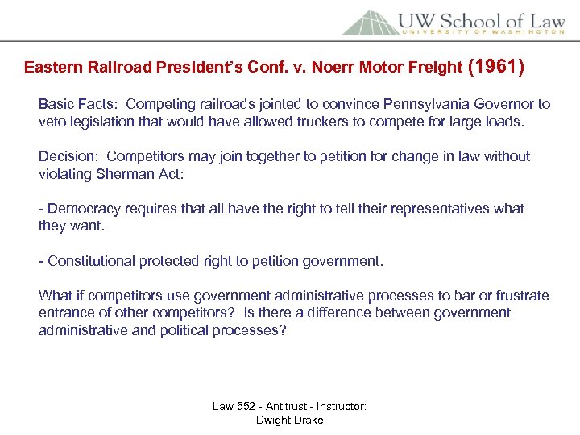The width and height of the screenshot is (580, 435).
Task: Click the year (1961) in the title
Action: [x=497, y=66]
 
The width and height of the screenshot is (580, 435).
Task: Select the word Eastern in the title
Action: [x=51, y=68]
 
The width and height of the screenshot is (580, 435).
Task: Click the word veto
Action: [x=52, y=122]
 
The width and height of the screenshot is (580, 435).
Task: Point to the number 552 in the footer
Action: [x=247, y=407]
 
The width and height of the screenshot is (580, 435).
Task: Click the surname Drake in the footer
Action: [x=307, y=420]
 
